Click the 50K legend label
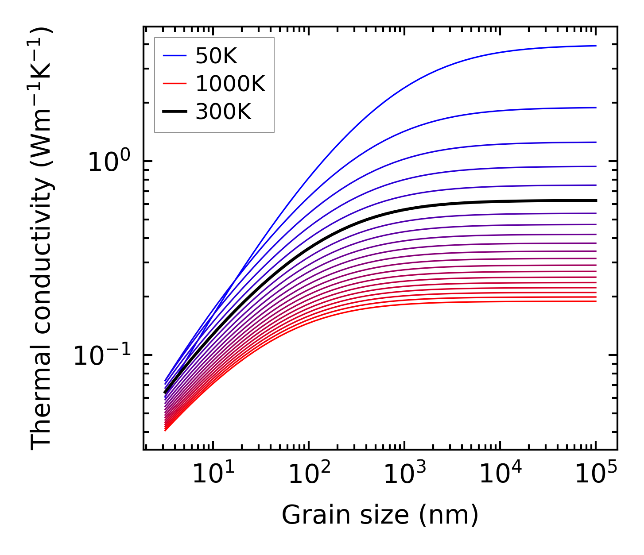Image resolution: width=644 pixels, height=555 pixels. (216, 56)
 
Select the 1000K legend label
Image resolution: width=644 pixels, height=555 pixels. (230, 84)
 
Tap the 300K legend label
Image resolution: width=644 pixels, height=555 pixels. (223, 112)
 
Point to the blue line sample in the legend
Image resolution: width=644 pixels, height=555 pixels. (175, 56)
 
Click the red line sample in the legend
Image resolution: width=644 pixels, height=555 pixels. (175, 84)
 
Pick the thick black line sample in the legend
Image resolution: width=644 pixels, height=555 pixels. (175, 112)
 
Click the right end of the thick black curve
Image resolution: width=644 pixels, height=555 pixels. (596, 200)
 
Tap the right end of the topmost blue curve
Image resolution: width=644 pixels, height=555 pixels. (596, 46)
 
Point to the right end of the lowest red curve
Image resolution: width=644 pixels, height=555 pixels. (596, 301)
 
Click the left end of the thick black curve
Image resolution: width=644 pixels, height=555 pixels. (165, 392)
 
